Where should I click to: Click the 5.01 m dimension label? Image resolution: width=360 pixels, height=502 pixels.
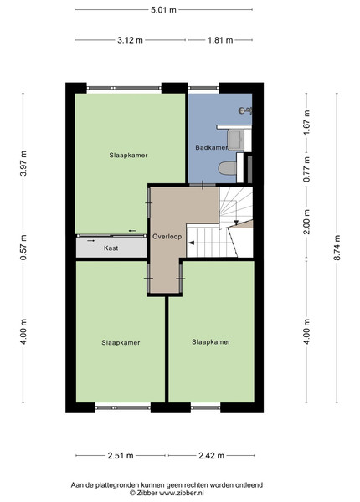coord(163,9)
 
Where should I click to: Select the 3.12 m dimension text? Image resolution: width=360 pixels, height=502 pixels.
coord(130,40)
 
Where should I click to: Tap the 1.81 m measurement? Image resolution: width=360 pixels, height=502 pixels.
coord(220,40)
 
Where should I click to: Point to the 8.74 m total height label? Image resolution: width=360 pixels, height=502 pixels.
coord(337,248)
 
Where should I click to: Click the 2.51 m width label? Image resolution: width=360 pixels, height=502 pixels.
coord(121,455)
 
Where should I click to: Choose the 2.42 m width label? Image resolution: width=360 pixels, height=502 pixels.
coord(211,455)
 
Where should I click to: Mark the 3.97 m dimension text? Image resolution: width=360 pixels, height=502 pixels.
coord(23,163)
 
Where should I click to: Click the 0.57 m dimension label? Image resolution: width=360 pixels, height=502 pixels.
coord(23,248)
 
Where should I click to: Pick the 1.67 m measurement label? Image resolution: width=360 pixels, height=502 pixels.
coord(306,122)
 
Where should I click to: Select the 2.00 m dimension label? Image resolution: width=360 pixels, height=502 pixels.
coord(306,222)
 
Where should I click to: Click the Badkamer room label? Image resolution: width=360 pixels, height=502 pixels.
coord(211,147)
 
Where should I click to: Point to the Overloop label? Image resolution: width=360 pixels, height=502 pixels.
coord(167,237)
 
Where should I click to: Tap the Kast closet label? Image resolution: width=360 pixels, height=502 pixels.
coord(111,248)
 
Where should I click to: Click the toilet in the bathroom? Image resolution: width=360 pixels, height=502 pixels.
coord(228,168)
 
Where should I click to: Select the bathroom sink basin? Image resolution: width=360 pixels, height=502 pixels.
coord(235,141)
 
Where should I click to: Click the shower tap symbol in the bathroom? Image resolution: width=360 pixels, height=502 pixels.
coord(245,110)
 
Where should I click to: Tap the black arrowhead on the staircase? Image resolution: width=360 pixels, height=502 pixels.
coord(192,243)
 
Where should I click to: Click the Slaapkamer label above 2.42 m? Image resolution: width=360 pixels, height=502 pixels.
coord(211,342)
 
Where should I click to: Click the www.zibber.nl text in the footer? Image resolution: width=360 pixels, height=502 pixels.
coord(182,493)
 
